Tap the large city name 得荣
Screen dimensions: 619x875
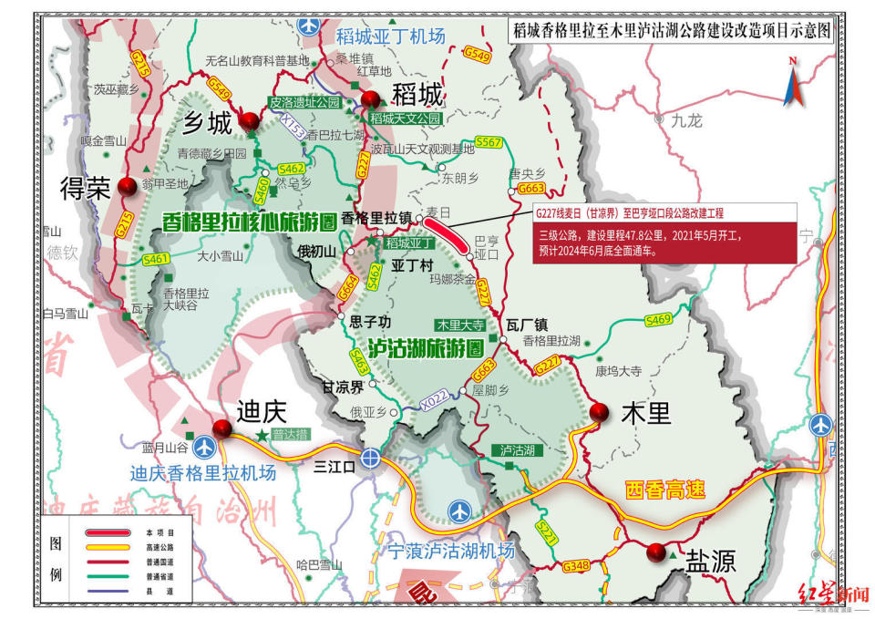[85, 189]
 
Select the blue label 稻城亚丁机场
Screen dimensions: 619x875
[390, 36]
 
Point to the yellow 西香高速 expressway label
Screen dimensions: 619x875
[665, 489]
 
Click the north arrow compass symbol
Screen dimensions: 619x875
[792, 82]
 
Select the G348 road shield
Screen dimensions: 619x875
[576, 566]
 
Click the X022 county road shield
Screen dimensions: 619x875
[436, 398]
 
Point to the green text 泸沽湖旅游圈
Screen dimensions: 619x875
[425, 347]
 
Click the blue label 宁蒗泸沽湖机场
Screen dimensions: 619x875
[451, 550]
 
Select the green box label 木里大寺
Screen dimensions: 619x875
[460, 324]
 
